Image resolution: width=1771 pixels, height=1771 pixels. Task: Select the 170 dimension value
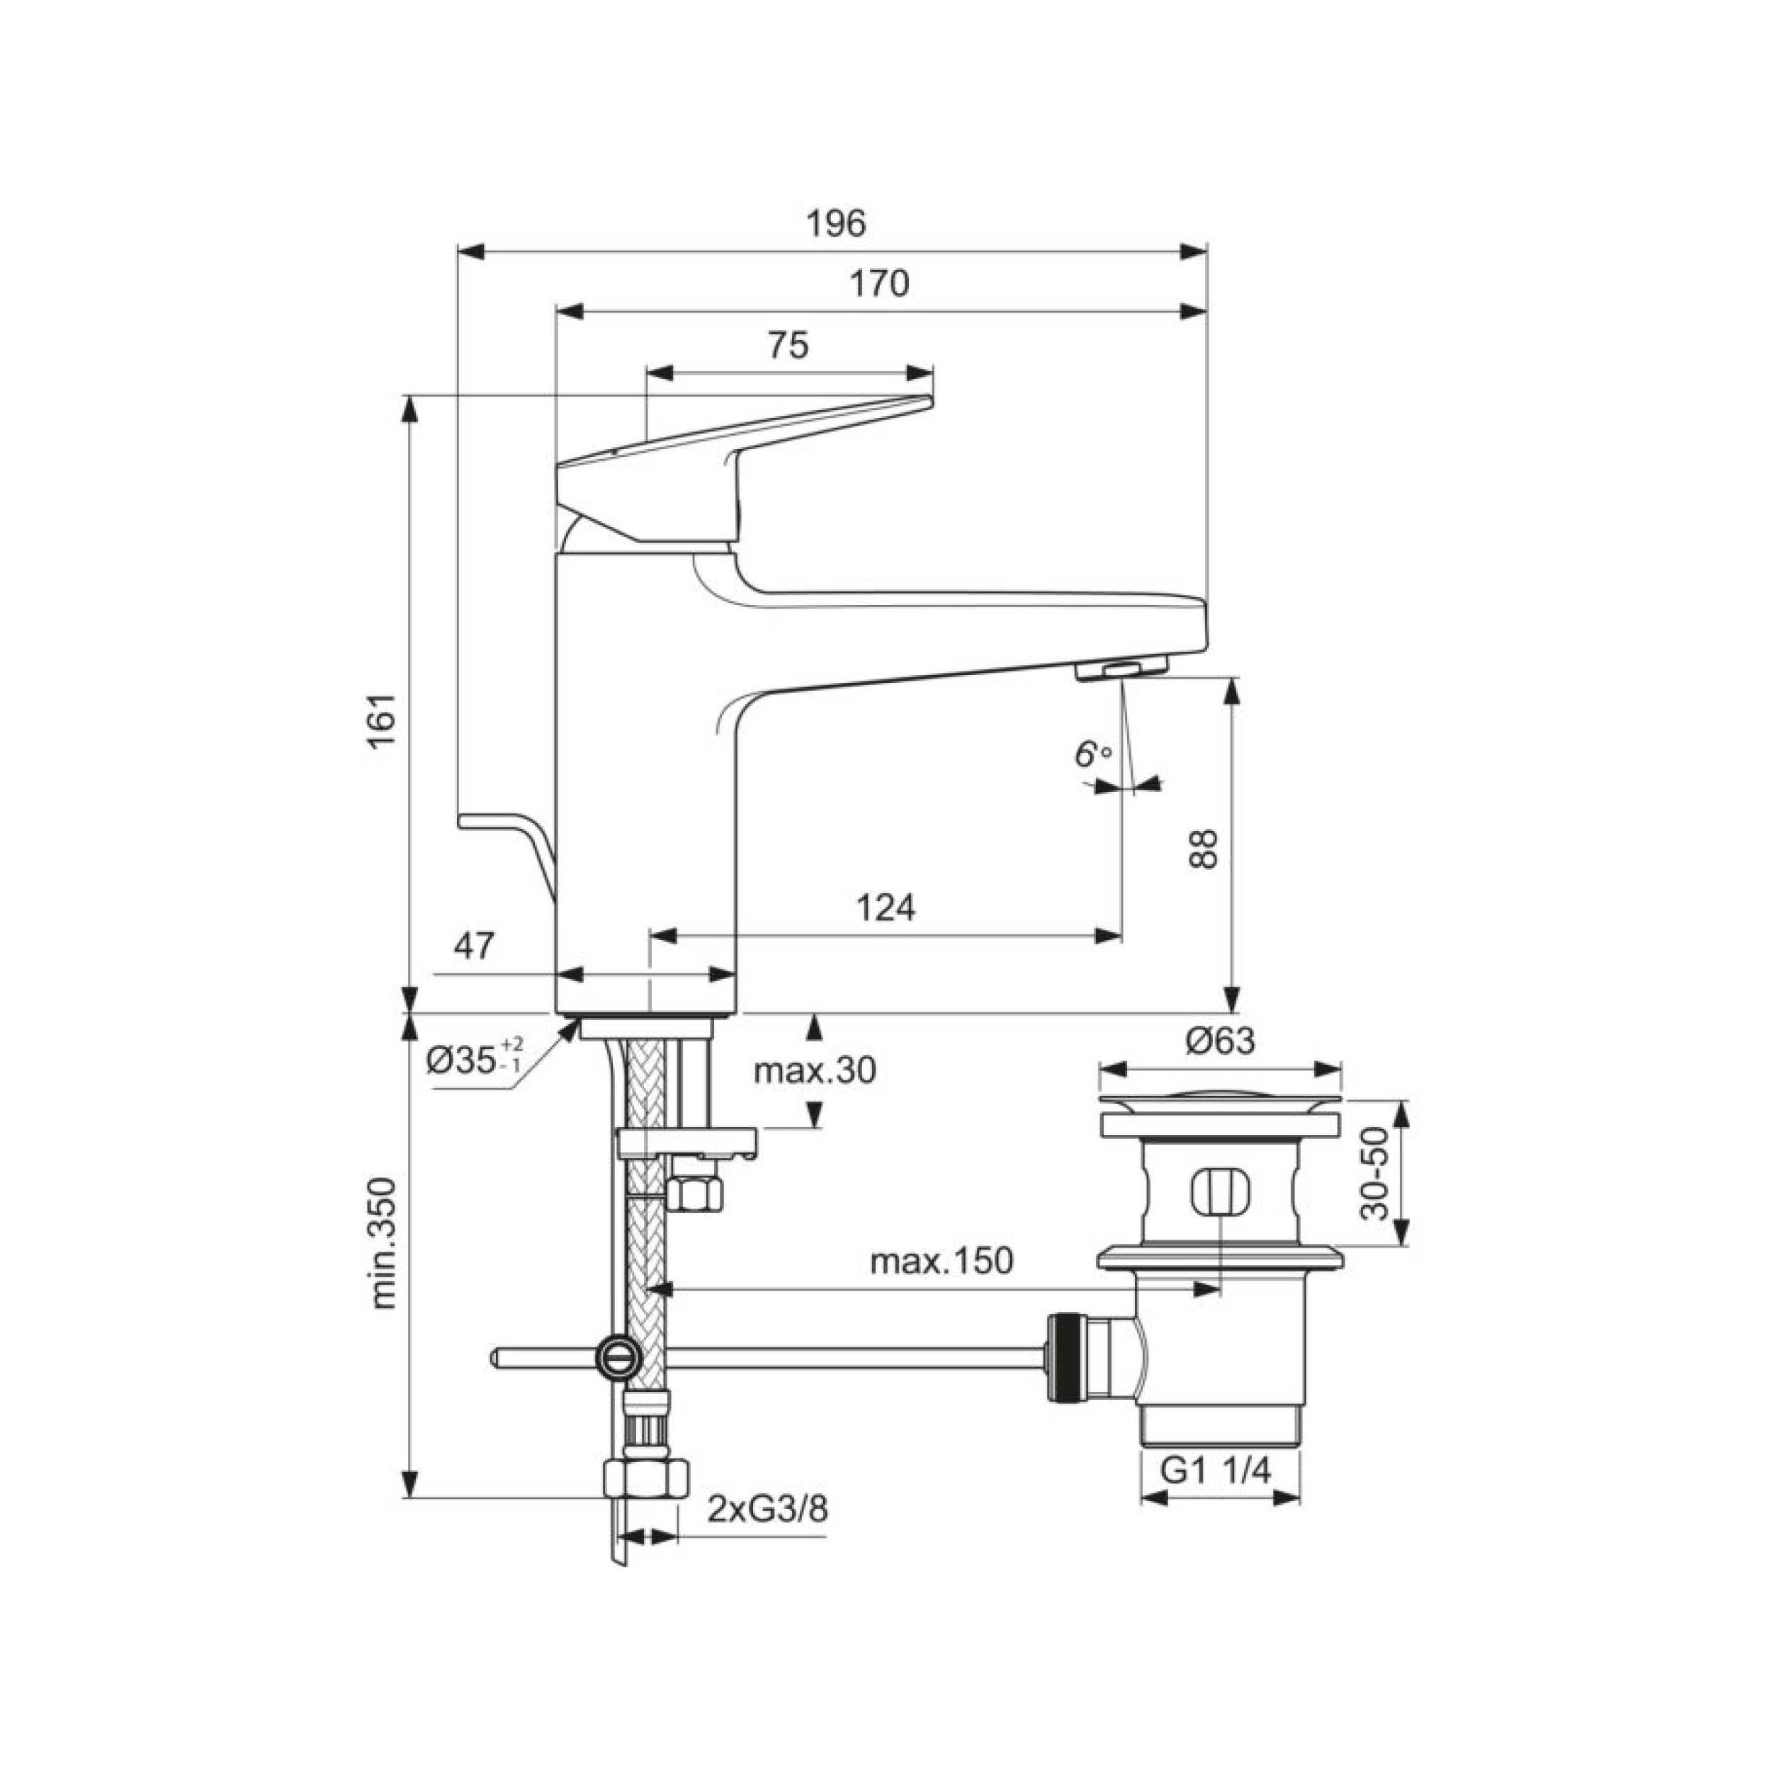pos(879,283)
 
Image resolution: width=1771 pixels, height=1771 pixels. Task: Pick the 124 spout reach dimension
pos(885,907)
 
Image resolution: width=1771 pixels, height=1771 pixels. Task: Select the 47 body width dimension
pos(475,945)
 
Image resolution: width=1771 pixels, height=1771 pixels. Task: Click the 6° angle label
pos(1092,754)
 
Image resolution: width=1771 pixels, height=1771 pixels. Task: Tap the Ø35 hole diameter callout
pos(475,1059)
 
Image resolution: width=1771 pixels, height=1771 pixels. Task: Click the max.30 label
pos(815,1070)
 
